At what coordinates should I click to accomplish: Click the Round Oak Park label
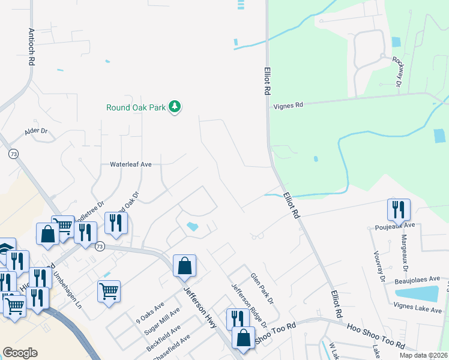136,108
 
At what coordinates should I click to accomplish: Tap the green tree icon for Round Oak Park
175,107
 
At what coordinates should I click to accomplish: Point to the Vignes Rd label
289,104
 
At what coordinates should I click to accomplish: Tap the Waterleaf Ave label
130,163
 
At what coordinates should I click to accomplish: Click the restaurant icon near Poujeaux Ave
399,209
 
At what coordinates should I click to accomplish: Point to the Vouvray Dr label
379,266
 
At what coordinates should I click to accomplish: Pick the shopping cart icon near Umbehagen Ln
109,292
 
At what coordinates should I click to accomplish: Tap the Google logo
20,352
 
